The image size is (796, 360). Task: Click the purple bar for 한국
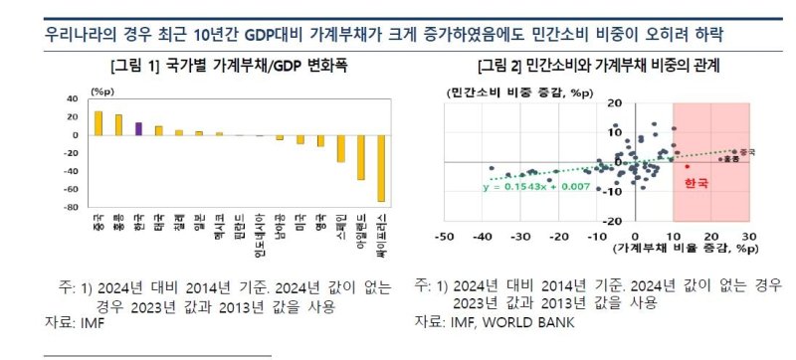click(x=138, y=128)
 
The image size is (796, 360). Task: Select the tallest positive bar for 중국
click(x=98, y=122)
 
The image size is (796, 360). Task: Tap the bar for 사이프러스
click(x=380, y=168)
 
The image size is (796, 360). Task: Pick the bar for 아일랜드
click(x=360, y=157)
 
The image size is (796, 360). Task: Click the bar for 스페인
click(x=340, y=148)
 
